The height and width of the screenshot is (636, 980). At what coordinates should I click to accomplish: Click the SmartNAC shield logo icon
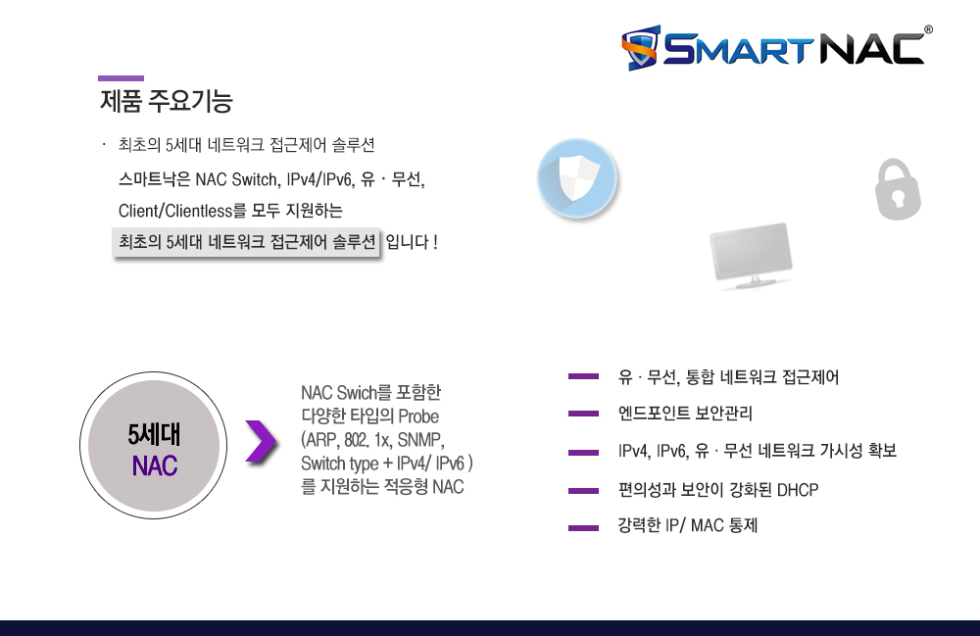pyautogui.click(x=641, y=47)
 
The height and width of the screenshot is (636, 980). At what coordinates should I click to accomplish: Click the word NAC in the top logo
pyautogui.click(x=871, y=47)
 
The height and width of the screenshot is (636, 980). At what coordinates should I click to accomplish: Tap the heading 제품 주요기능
pyautogui.click(x=167, y=101)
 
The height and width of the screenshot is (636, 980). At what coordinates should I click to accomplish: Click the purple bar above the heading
pyautogui.click(x=121, y=78)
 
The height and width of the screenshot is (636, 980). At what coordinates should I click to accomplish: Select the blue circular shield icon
pyautogui.click(x=577, y=178)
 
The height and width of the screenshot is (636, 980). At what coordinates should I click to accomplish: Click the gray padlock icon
pyautogui.click(x=898, y=189)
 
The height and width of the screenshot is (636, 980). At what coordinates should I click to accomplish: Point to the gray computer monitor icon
pyautogui.click(x=752, y=256)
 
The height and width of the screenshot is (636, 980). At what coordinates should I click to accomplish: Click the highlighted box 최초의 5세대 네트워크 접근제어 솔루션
pyautogui.click(x=246, y=242)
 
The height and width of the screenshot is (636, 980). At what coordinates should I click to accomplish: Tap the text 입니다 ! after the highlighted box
pyautogui.click(x=412, y=242)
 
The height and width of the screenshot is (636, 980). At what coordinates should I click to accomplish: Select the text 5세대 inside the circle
pyautogui.click(x=154, y=435)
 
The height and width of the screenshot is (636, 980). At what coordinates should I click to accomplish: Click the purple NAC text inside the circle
pyautogui.click(x=155, y=466)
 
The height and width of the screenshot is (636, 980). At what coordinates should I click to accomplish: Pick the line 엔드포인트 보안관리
pyautogui.click(x=685, y=413)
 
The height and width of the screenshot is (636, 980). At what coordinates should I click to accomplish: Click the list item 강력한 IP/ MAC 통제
pyautogui.click(x=688, y=525)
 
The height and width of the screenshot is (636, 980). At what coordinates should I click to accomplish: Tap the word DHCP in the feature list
pyautogui.click(x=798, y=490)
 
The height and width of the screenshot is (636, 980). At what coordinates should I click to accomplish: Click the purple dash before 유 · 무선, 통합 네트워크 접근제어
pyautogui.click(x=584, y=376)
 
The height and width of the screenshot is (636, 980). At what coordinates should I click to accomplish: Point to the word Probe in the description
pyautogui.click(x=418, y=416)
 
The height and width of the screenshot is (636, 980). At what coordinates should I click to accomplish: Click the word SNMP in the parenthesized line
pyautogui.click(x=420, y=440)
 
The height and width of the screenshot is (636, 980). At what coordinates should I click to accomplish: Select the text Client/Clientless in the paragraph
pyautogui.click(x=175, y=211)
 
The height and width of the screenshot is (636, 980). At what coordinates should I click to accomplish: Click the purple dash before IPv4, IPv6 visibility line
pyautogui.click(x=584, y=453)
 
